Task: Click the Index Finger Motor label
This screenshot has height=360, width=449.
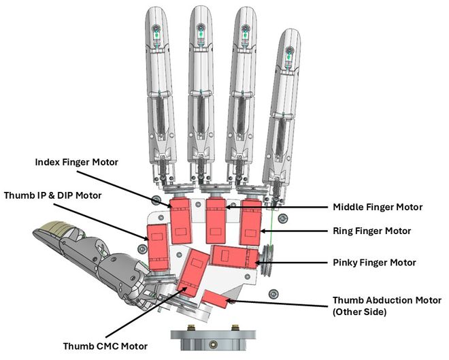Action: (76, 162)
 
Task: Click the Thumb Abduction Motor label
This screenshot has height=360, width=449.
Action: (386, 300)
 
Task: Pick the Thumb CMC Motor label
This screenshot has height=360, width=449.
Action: (105, 346)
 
